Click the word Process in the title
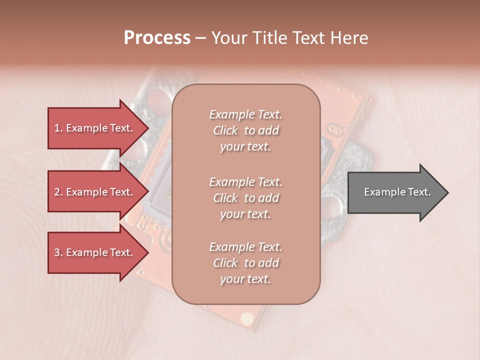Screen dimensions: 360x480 [157, 38]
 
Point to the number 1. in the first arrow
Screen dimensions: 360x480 [58, 128]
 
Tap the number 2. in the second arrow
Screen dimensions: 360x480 [58, 192]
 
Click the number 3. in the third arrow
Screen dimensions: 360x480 [58, 252]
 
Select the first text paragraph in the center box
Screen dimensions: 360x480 [245, 130]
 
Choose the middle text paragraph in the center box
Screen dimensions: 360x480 [245, 198]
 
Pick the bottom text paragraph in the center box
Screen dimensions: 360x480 [245, 263]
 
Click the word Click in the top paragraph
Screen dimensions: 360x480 [225, 130]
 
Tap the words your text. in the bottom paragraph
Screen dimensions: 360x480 [245, 279]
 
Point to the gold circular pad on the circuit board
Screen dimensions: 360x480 [246, 318]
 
